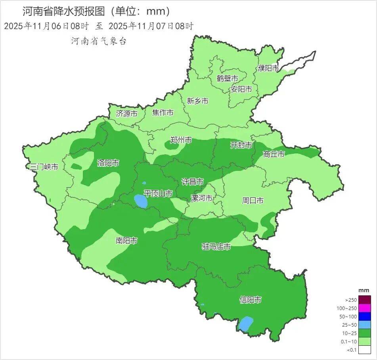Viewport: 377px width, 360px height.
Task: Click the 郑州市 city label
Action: pos(181,140)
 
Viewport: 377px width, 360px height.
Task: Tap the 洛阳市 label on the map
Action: pos(108,163)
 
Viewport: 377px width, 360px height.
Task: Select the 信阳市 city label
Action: pos(251,300)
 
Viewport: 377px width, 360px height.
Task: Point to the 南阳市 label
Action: pos(126,241)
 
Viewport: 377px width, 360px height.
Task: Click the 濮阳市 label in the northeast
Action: pos(268,68)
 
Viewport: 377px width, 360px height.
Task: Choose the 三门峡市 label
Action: pos(44,167)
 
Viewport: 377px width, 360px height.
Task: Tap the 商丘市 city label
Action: pos(274,154)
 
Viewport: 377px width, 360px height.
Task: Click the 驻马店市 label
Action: pos(216,247)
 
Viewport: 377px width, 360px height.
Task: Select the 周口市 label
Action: pos(253,201)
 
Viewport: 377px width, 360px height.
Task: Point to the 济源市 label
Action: pos(126,113)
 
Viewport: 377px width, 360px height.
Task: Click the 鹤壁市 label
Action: pos(227,79)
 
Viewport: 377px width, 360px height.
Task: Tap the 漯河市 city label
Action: pos(201,198)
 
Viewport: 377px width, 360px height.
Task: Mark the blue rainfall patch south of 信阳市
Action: pos(246,324)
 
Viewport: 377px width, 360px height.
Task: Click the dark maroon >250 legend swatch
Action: pos(365,300)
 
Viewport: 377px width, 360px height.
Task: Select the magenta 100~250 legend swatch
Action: pos(365,308)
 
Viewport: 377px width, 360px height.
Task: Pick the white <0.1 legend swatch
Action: pos(365,349)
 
